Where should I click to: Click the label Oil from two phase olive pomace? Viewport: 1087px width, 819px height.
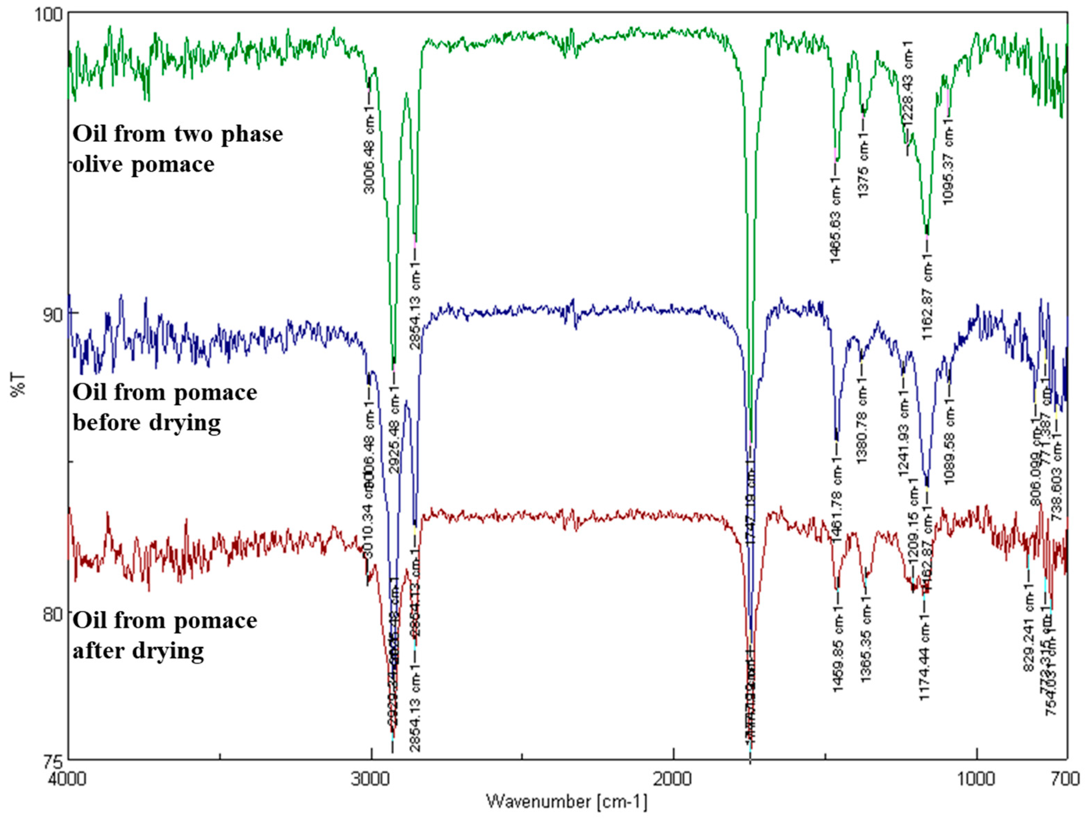coord(177,148)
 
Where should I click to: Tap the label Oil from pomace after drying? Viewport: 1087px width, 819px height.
coord(165,635)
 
